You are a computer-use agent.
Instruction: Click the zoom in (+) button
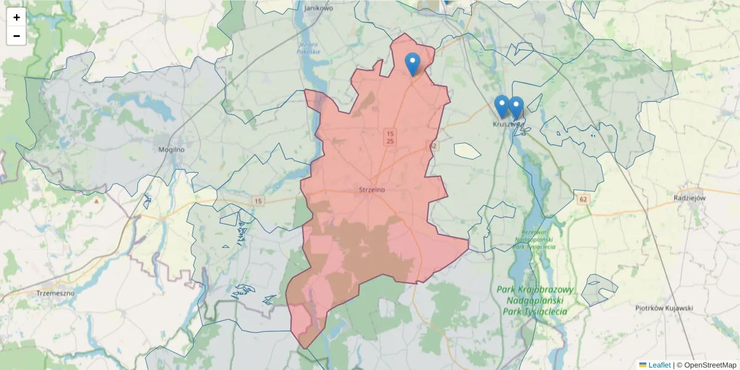17,17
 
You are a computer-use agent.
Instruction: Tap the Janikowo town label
319,8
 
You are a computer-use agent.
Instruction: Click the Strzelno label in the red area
372,189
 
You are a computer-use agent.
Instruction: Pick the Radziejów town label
689,198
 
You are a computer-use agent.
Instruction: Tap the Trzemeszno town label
55,293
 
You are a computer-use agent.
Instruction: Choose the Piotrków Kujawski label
664,308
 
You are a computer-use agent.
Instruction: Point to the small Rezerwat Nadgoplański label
535,240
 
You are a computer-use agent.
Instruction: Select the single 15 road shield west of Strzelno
258,201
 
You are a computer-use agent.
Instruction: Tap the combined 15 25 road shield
390,137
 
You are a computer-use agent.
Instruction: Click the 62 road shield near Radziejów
583,199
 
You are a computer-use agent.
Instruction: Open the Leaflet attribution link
659,365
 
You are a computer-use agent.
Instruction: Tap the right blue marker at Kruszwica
516,107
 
